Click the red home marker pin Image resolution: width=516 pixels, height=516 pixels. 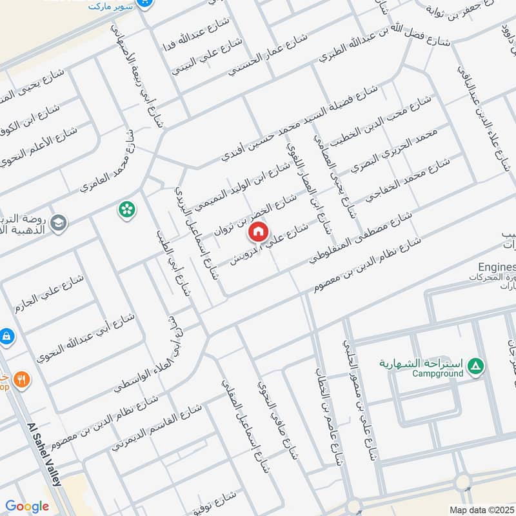click(258, 230)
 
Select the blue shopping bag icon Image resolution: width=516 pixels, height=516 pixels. click(5, 336)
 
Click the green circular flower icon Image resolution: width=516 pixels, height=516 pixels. click(127, 209)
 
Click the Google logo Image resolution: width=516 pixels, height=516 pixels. click(27, 506)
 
